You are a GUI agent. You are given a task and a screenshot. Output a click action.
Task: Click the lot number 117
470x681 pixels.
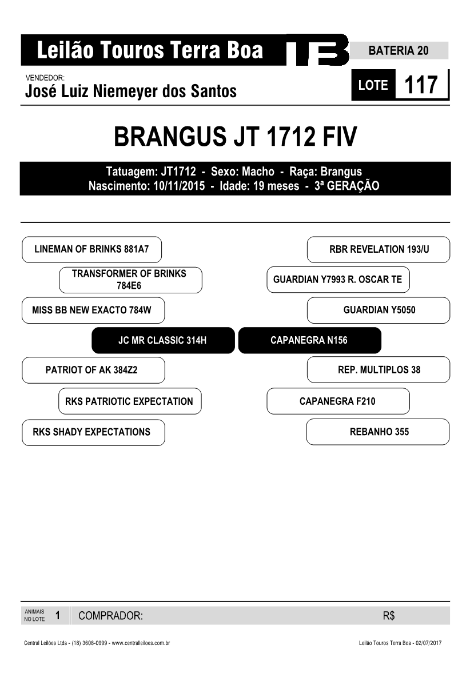[x=420, y=85]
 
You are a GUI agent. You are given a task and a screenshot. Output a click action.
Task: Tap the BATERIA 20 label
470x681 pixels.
[x=399, y=51]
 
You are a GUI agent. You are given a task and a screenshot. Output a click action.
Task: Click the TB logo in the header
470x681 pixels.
[x=317, y=50]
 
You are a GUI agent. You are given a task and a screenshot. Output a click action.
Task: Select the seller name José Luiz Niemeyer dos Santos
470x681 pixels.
[x=131, y=91]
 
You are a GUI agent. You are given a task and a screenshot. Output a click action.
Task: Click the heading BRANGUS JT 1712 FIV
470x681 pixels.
[x=235, y=137]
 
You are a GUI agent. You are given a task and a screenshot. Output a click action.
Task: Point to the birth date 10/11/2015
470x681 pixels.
[x=179, y=186]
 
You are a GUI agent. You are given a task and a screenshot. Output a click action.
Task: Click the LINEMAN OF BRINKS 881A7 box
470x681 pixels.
[x=91, y=250]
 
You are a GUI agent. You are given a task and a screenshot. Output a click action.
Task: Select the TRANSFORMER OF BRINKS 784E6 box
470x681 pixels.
[x=130, y=280]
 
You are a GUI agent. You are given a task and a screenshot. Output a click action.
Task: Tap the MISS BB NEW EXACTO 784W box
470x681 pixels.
[x=93, y=310]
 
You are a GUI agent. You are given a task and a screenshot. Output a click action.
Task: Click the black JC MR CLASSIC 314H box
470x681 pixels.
[x=163, y=341]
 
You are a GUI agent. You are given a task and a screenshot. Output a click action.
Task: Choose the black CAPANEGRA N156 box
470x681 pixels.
[x=310, y=341]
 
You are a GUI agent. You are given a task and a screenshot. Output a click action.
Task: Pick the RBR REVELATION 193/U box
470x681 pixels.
[x=379, y=250]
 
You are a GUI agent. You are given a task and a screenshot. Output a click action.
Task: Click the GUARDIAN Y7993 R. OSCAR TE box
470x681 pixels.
[x=338, y=280]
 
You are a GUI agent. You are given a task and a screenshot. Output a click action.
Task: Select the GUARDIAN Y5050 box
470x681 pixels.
[x=379, y=310]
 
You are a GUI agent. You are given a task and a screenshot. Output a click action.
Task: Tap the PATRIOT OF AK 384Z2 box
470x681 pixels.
[x=93, y=370]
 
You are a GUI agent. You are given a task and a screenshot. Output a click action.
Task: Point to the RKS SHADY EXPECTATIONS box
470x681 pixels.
[x=93, y=433]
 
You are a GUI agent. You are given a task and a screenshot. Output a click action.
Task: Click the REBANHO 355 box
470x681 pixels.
[x=378, y=432]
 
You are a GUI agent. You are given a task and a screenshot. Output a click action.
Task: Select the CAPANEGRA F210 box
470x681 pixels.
[x=338, y=401]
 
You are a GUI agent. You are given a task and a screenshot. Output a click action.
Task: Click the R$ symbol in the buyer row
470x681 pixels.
[x=389, y=616]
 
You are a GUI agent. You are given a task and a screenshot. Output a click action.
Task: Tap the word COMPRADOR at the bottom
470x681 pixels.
[x=110, y=616]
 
